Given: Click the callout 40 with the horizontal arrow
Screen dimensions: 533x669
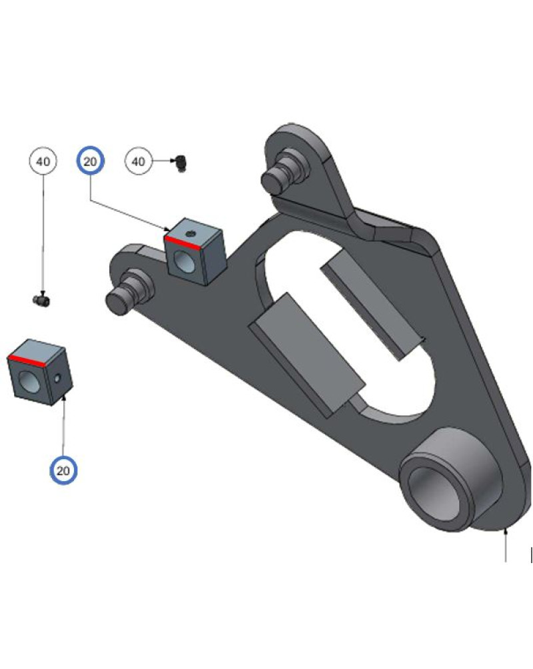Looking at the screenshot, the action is [x=138, y=161].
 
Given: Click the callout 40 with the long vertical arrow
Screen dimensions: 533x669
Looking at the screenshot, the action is [x=43, y=161].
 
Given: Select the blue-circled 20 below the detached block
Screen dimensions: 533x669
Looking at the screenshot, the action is [x=63, y=470].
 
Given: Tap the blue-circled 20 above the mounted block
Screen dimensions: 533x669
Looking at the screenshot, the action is [x=90, y=161].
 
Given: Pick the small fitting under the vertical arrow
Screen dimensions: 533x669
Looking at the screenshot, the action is [x=41, y=300].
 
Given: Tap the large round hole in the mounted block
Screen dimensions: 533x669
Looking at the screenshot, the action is [x=184, y=262].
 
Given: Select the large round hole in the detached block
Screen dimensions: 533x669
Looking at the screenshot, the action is [x=29, y=381].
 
